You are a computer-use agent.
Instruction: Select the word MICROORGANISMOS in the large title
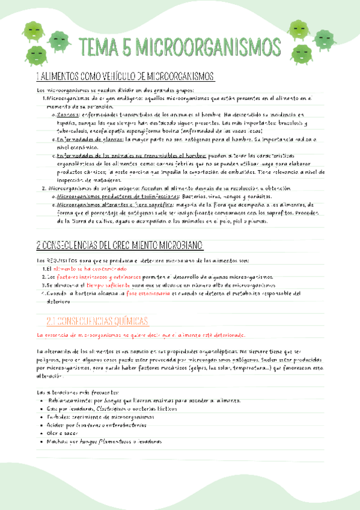pos(210,46)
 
